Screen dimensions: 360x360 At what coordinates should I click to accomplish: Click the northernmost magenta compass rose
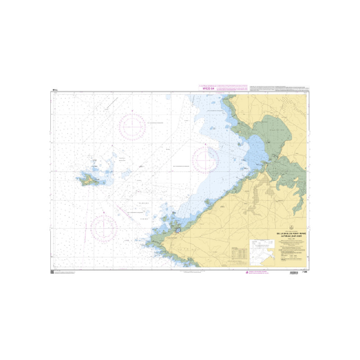132,126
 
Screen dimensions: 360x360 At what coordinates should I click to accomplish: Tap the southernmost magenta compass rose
104,228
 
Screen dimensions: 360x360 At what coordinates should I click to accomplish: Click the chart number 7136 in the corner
305,272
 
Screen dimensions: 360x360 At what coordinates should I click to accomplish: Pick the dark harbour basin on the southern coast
178,230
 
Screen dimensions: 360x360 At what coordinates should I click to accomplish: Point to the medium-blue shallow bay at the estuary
256,148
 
